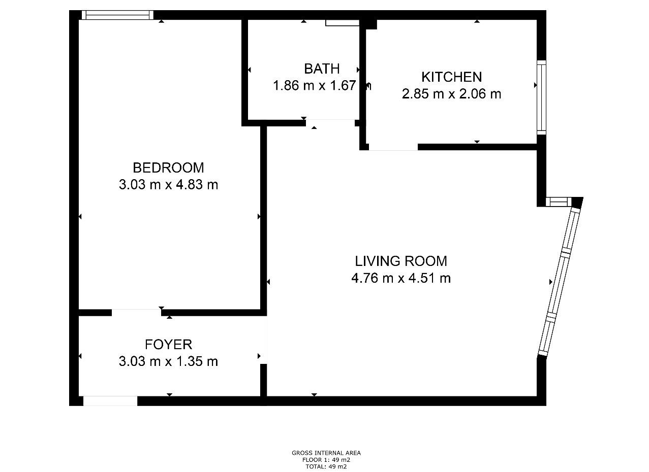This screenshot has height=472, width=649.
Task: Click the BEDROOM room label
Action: tap(168, 168)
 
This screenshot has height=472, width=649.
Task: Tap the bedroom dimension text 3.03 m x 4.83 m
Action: tap(168, 185)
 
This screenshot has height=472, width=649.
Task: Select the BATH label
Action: tap(322, 69)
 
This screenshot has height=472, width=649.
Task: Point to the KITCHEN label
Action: tap(452, 77)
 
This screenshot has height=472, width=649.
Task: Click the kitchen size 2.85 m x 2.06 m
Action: tap(452, 94)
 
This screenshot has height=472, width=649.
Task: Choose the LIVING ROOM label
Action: tap(401, 261)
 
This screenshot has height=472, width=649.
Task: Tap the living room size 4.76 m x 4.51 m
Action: tap(401, 278)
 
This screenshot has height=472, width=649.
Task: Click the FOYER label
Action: tap(168, 345)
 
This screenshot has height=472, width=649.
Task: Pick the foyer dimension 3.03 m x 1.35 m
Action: tap(168, 361)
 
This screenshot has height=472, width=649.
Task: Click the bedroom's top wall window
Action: tap(117, 15)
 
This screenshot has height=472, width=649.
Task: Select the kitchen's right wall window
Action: tap(541, 97)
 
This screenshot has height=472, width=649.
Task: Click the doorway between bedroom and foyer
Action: tap(137, 312)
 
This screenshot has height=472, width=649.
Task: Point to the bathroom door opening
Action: tap(330, 123)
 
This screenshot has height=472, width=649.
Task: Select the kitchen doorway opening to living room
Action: tap(393, 147)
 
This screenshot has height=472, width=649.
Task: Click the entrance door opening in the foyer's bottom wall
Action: tap(110, 401)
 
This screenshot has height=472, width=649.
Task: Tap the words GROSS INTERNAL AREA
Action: tap(326, 453)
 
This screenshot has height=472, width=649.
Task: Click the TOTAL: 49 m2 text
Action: tap(326, 466)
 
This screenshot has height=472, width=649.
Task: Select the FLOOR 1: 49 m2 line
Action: tap(326, 460)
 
